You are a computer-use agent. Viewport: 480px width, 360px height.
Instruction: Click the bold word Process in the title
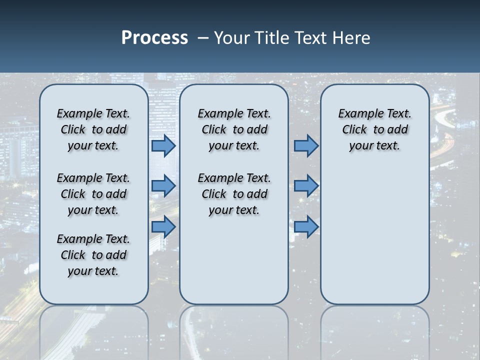click(154, 38)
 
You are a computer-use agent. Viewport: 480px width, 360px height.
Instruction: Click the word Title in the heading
click(271, 38)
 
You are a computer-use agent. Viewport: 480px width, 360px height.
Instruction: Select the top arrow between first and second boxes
click(163, 145)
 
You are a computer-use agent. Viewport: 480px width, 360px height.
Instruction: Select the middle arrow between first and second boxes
click(163, 186)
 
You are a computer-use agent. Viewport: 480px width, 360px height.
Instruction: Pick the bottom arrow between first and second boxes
click(163, 226)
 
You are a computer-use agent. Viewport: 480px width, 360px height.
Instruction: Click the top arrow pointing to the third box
click(306, 145)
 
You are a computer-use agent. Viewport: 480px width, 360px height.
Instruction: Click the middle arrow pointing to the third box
click(306, 186)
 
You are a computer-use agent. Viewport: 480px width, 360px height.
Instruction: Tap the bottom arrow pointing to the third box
click(306, 226)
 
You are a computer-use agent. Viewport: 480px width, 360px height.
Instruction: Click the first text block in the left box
click(93, 129)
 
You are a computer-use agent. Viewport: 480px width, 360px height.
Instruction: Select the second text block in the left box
click(93, 194)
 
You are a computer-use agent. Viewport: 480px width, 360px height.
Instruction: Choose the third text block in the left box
click(93, 255)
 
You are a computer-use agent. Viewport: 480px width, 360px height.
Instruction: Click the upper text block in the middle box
click(234, 129)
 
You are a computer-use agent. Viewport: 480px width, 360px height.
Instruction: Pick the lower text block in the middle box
click(234, 194)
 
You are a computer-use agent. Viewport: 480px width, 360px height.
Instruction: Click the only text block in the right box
click(374, 129)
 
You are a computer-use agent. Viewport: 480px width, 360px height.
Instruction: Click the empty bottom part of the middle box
click(234, 265)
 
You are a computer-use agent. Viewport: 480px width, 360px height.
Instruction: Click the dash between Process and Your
click(203, 38)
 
